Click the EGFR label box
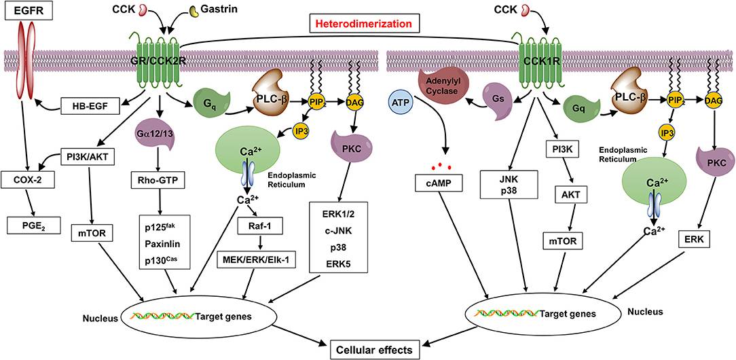point(27,12)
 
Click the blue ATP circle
point(401,105)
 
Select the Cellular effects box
point(381,349)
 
